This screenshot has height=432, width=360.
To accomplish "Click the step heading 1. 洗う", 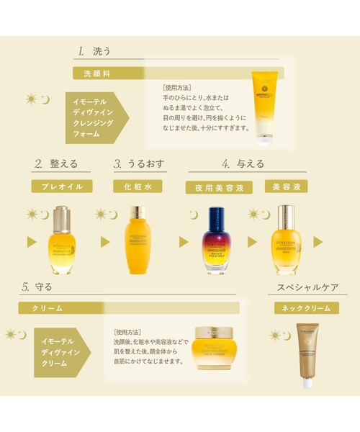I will (94, 51).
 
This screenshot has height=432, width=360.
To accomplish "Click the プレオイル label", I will (61, 186).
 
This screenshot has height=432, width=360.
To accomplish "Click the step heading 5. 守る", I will (37, 287).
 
